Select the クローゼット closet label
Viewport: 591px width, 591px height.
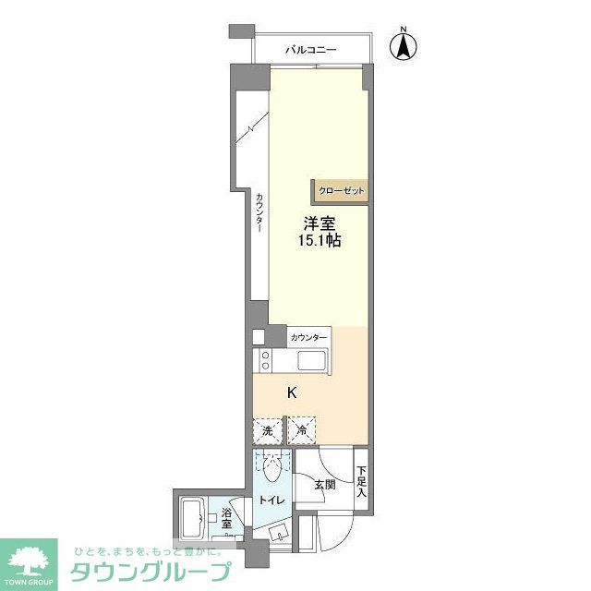click(341, 191)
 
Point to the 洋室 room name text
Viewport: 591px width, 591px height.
click(321, 223)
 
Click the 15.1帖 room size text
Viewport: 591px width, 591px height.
click(321, 241)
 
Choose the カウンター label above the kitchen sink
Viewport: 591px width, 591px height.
click(308, 337)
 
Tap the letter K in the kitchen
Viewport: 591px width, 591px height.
click(292, 392)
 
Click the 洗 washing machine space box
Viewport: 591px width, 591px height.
click(266, 430)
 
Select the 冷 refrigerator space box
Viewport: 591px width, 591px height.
click(301, 430)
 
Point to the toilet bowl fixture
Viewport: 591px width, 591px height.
click(271, 472)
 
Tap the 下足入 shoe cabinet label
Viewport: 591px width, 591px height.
click(361, 479)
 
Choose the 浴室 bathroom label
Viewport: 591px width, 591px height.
click(226, 519)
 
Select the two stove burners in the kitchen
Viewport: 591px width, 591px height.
click(265, 359)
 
